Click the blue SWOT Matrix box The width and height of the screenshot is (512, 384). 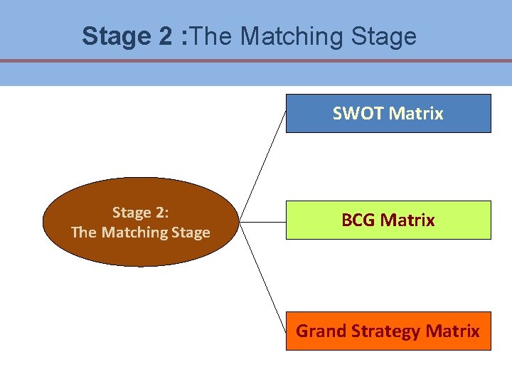[388, 114]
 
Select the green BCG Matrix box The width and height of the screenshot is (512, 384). [388, 220]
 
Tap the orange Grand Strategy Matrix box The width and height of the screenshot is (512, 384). [388, 331]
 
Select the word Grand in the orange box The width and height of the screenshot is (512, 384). [316, 331]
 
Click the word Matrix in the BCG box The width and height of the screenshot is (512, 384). [407, 220]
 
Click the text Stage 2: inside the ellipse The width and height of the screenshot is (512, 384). [141, 213]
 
